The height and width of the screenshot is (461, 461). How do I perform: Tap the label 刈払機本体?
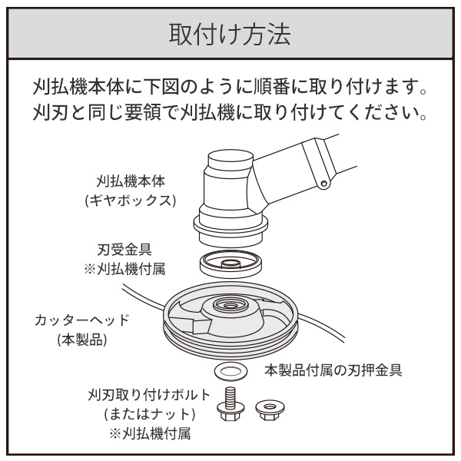click(x=136, y=184)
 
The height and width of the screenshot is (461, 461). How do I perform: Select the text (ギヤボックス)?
click(x=136, y=202)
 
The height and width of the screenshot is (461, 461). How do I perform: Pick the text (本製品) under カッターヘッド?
click(x=82, y=340)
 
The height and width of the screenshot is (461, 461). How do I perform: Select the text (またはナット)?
click(x=151, y=414)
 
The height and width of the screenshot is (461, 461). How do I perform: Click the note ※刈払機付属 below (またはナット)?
click(x=151, y=433)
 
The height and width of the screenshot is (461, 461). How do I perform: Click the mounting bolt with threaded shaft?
click(x=227, y=403)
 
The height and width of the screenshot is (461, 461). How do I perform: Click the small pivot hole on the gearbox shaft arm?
click(x=325, y=184)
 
